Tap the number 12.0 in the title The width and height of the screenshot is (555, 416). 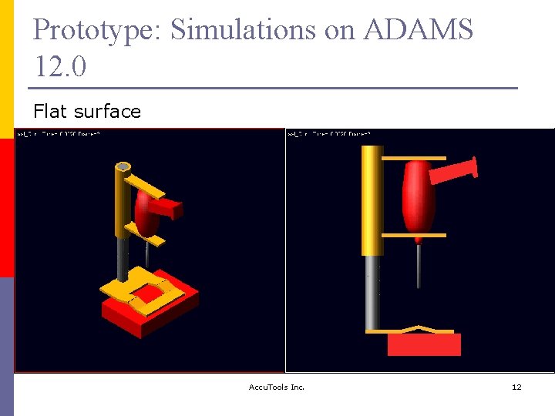coord(60,67)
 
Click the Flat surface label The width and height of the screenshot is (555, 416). coord(87,112)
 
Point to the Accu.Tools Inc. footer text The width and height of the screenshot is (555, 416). coord(277,387)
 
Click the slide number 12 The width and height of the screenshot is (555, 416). coord(516,387)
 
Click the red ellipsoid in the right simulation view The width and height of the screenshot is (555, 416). coord(419,199)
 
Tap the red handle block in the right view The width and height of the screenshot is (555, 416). coord(452,170)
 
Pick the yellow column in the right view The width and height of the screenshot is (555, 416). coord(372,200)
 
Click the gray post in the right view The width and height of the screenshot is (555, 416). coord(372,293)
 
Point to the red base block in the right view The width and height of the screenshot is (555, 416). coord(424,344)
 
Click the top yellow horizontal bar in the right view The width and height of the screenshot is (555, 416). coord(414,158)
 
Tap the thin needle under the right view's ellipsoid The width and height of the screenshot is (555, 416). coord(419,266)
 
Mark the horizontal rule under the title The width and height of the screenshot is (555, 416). coord(275,88)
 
